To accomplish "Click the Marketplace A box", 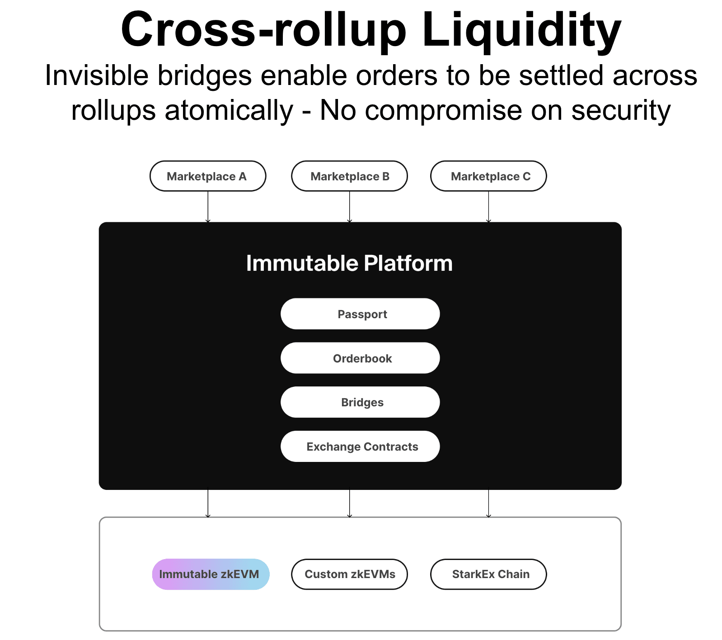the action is click(x=208, y=176).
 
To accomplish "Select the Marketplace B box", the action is click(x=349, y=176).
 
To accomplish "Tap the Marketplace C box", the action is click(x=488, y=176).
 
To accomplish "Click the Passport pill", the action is click(x=360, y=314).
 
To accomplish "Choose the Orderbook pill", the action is click(x=360, y=358).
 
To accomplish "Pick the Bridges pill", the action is click(x=360, y=402).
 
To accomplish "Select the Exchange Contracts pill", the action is click(x=360, y=446).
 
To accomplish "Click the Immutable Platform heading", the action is click(x=349, y=263).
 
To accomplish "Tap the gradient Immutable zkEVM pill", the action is click(x=211, y=574).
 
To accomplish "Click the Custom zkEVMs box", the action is click(x=349, y=574).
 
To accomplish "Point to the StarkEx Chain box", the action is click(x=488, y=574).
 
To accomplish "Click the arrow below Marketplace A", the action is click(x=208, y=207).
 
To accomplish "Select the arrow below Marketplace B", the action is click(x=349, y=207).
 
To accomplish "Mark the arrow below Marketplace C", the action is click(x=488, y=207).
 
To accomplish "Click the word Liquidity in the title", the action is click(x=522, y=30).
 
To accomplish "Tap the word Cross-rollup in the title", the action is click(x=264, y=30).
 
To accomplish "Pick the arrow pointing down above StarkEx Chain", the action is click(x=488, y=504).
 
